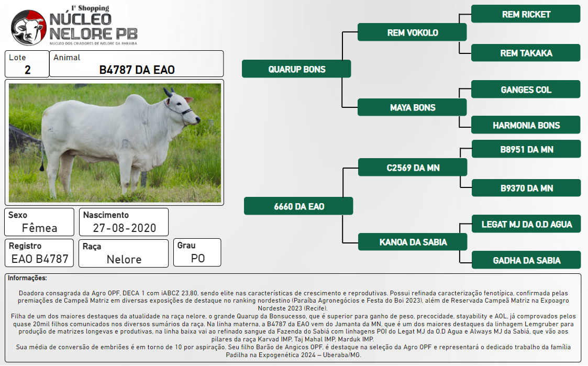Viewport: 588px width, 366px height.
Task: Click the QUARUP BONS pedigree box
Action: (296, 69)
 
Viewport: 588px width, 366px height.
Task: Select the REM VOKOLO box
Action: (412, 32)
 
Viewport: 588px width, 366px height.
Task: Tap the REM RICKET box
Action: (526, 14)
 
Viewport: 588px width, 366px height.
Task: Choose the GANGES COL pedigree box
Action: (526, 89)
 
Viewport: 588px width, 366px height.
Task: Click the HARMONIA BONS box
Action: (526, 125)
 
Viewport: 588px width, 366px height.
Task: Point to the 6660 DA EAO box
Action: (298, 206)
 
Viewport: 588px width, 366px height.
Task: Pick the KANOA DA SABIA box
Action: (413, 242)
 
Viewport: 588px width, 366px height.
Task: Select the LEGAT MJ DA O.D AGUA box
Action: (526, 224)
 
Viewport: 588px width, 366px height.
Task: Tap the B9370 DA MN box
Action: (526, 188)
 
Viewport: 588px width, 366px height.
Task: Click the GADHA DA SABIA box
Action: (526, 260)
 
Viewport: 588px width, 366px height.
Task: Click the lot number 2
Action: (27, 70)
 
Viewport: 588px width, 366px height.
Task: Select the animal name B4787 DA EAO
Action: (137, 70)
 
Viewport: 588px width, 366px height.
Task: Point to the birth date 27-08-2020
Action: (125, 228)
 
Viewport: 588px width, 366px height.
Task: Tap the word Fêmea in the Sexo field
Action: (39, 228)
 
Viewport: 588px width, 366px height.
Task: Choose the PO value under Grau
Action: (197, 258)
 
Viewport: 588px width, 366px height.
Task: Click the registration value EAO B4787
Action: (40, 259)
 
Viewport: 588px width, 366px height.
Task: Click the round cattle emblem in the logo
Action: (29, 28)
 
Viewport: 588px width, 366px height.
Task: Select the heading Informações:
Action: (27, 278)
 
